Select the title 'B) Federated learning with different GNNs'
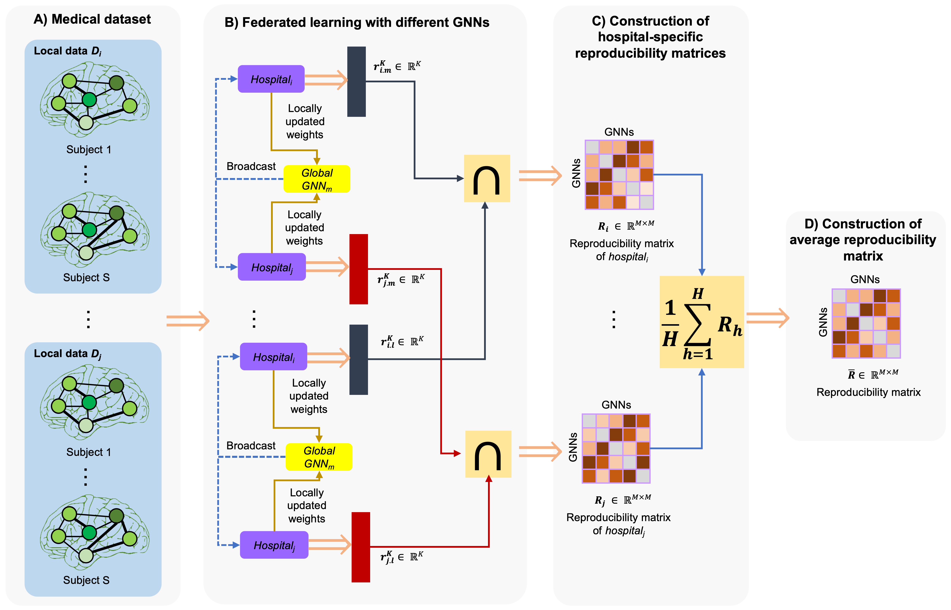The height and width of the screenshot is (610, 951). coord(357,22)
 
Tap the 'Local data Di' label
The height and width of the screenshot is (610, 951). coord(67,51)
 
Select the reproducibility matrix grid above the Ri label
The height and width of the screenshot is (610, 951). coord(619,175)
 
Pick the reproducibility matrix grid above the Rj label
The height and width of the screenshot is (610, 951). coord(616,448)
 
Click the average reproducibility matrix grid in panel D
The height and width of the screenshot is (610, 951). coord(866,323)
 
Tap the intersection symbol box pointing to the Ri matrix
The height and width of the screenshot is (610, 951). coord(486,179)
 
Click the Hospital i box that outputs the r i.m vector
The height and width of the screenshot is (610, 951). coord(271,79)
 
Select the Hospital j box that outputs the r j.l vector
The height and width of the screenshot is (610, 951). coord(274,545)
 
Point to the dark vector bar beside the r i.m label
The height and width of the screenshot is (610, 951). coord(356,82)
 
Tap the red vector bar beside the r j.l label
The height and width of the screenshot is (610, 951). coord(361,547)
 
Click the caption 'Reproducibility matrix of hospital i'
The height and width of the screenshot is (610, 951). coord(622,250)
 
